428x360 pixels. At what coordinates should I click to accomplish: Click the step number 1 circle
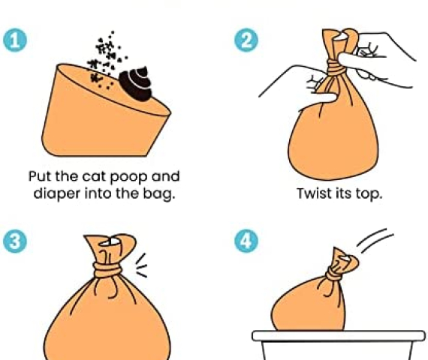[15, 40]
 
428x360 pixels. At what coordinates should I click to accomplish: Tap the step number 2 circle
[246, 40]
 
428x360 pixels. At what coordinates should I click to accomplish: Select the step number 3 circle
[15, 241]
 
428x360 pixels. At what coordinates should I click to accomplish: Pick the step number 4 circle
[246, 241]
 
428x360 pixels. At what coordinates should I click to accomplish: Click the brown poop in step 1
[135, 83]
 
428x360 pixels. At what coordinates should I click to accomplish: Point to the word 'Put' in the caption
[41, 176]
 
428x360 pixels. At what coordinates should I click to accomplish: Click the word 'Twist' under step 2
[313, 193]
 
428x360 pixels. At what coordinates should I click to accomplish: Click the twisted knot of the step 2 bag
[336, 68]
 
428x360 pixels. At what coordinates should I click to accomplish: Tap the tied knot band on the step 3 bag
[107, 270]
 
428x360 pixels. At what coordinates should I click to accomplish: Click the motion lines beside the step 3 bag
[142, 265]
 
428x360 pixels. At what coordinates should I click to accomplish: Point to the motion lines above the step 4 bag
[375, 241]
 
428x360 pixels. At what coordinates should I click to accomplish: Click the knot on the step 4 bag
[333, 274]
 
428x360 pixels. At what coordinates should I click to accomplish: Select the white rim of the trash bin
[339, 336]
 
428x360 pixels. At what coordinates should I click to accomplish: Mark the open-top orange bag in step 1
[105, 110]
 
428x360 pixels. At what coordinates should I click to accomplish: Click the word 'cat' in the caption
[94, 176]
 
